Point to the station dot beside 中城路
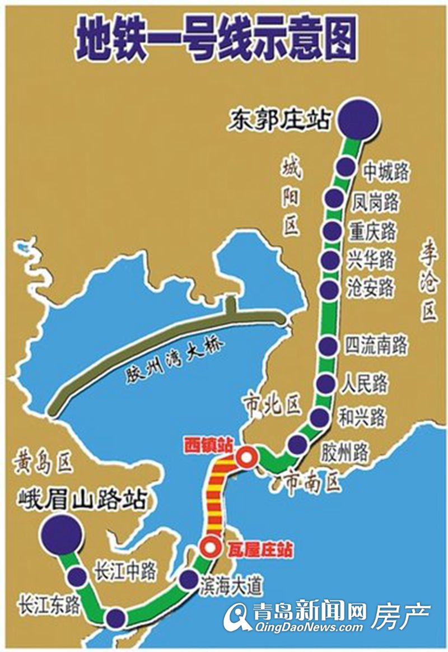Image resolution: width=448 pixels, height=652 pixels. [346, 167]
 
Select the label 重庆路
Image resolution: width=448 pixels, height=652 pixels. [372, 231]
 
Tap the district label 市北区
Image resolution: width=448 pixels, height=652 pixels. [272, 404]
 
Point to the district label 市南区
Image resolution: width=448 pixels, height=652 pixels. [312, 481]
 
